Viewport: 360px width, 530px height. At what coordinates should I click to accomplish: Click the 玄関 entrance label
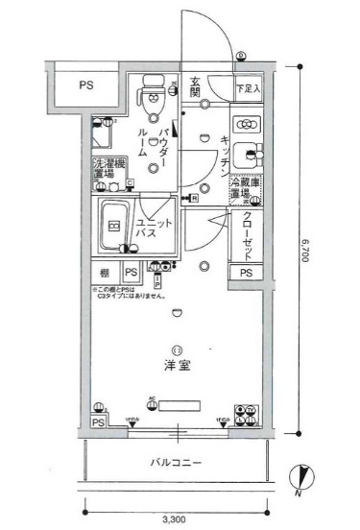pos(194,88)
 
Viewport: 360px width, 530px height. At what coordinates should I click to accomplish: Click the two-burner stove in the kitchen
pos(248,124)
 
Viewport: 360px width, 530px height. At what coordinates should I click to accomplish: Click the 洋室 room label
pos(176,366)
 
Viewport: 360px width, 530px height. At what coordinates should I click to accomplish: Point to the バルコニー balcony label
pos(175,463)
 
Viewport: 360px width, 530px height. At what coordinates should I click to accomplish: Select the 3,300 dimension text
pos(175,519)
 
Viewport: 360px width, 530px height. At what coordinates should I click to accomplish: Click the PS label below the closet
pos(247,274)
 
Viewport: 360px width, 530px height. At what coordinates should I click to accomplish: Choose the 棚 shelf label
pos(103,274)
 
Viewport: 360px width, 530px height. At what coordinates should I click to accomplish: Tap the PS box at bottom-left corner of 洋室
pos(97,422)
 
